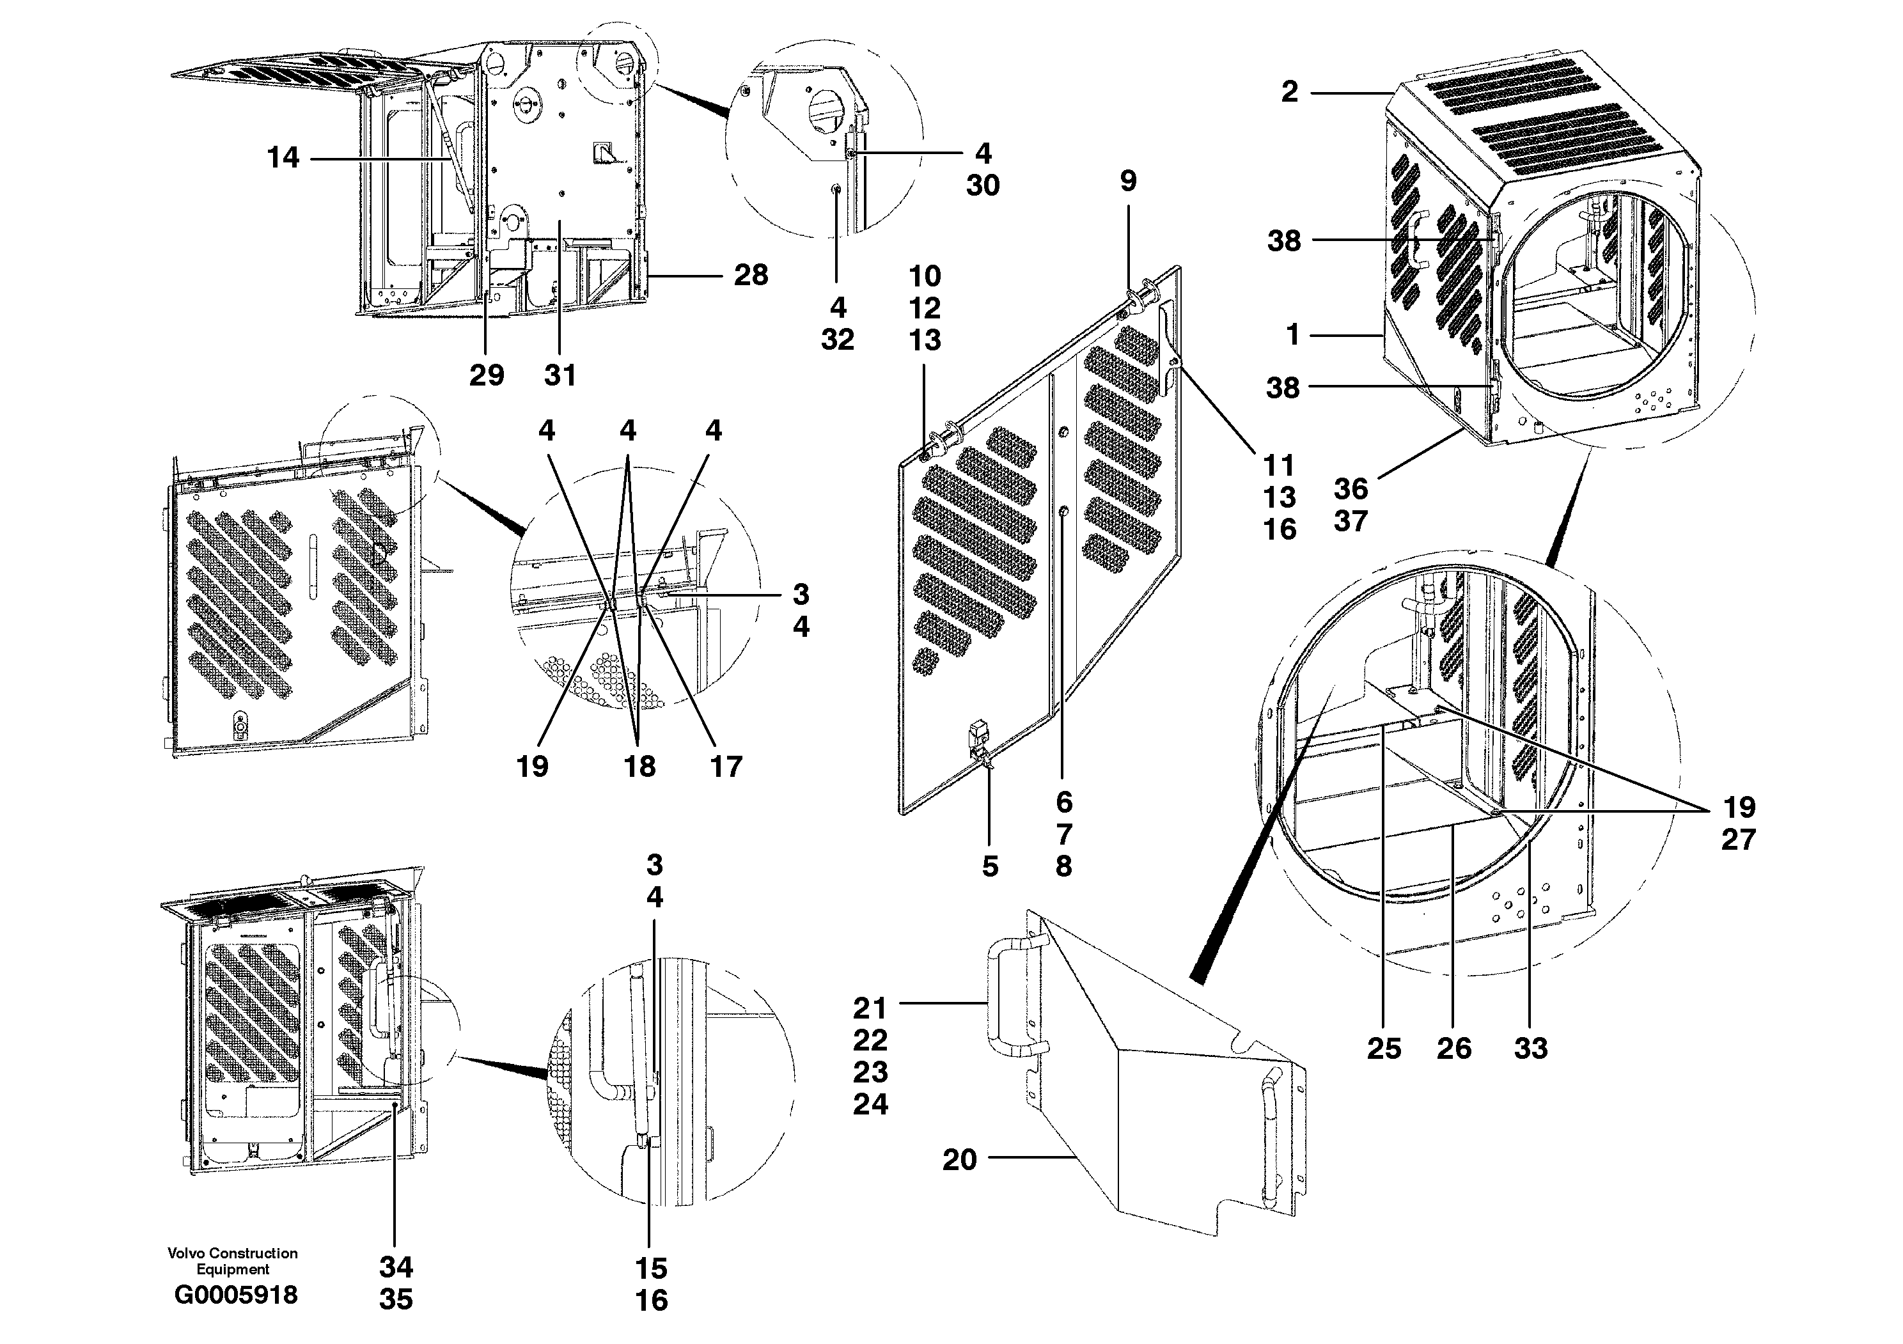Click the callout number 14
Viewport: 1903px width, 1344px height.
tap(283, 157)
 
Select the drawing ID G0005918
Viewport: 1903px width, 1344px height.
tap(235, 1294)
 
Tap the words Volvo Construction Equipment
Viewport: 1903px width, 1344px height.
tap(232, 1260)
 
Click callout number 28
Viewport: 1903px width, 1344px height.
tap(751, 275)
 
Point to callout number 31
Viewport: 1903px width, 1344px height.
tap(560, 375)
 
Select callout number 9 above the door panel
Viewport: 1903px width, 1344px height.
tap(1128, 181)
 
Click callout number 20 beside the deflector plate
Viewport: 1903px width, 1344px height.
tap(959, 1160)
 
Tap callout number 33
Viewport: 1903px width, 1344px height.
tap(1530, 1048)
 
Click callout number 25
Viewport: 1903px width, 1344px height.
tap(1383, 1048)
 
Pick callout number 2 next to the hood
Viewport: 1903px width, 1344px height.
tap(1289, 92)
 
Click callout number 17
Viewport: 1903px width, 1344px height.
tap(726, 767)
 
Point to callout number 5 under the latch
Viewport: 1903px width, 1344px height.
tap(990, 867)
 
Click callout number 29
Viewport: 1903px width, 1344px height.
tap(487, 375)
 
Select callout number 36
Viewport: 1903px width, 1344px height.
tap(1350, 489)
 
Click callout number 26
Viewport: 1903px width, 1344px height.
tap(1453, 1048)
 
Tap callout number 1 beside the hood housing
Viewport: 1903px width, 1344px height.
tap(1292, 335)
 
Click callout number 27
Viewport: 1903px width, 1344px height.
tap(1738, 840)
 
